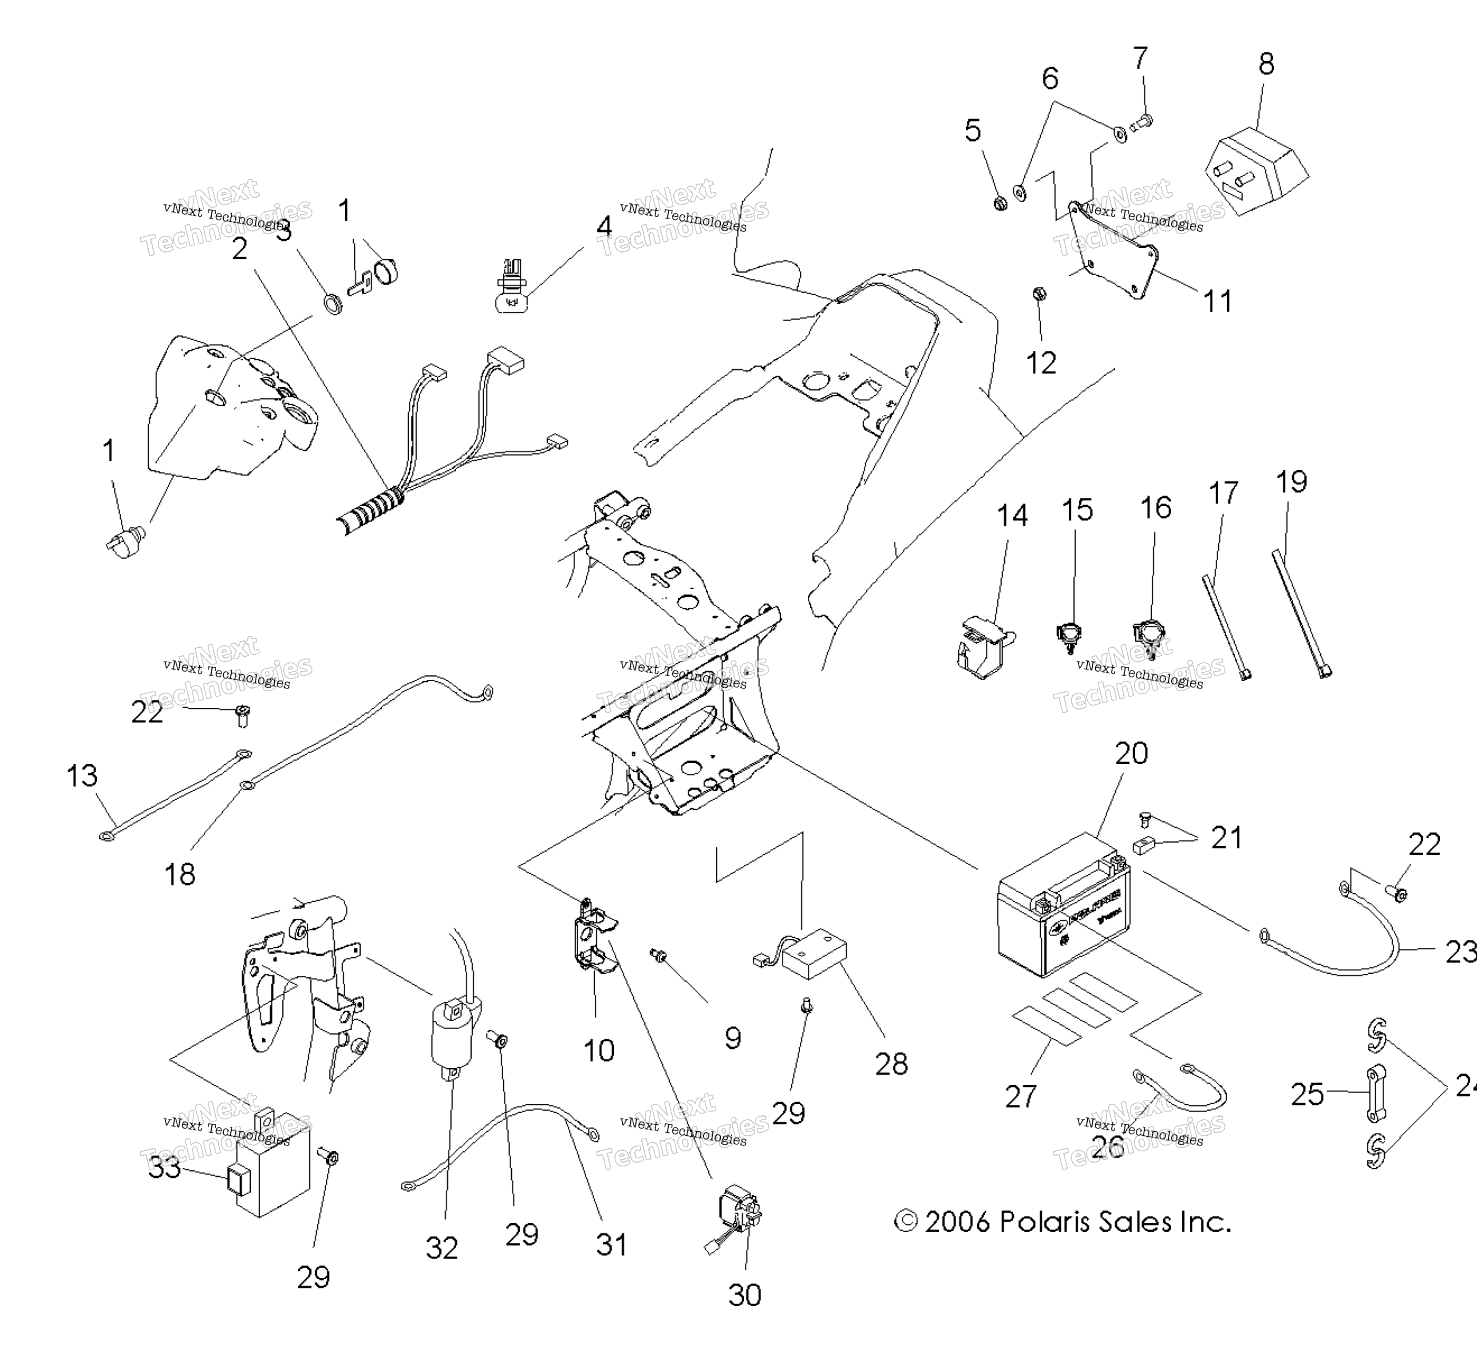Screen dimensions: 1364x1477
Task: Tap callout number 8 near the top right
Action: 1266,65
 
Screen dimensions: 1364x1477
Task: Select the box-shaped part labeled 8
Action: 1254,172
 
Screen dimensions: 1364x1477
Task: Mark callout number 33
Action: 164,1168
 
